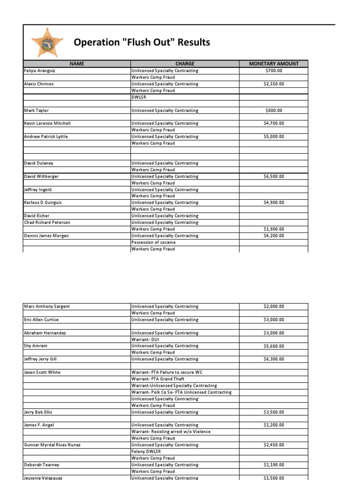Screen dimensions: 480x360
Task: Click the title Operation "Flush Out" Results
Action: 142,43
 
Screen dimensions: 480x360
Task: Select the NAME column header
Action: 76,64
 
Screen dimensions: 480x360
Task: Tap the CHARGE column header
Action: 185,64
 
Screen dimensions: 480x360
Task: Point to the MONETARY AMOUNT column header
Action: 274,64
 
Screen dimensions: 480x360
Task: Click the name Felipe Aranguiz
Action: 41,71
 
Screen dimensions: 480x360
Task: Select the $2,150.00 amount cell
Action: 274,84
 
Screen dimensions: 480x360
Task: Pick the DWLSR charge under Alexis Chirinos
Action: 140,97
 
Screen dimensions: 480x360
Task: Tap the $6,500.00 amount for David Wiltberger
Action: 274,177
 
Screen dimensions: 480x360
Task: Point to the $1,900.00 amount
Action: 274,229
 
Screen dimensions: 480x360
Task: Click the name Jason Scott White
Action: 42,372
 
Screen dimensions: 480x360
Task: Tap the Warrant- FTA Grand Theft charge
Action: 158,379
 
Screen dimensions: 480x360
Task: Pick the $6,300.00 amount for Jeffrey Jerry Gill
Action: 274,359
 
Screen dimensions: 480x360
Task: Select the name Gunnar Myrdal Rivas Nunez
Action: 52,445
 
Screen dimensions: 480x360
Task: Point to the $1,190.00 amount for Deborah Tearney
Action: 274,465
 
